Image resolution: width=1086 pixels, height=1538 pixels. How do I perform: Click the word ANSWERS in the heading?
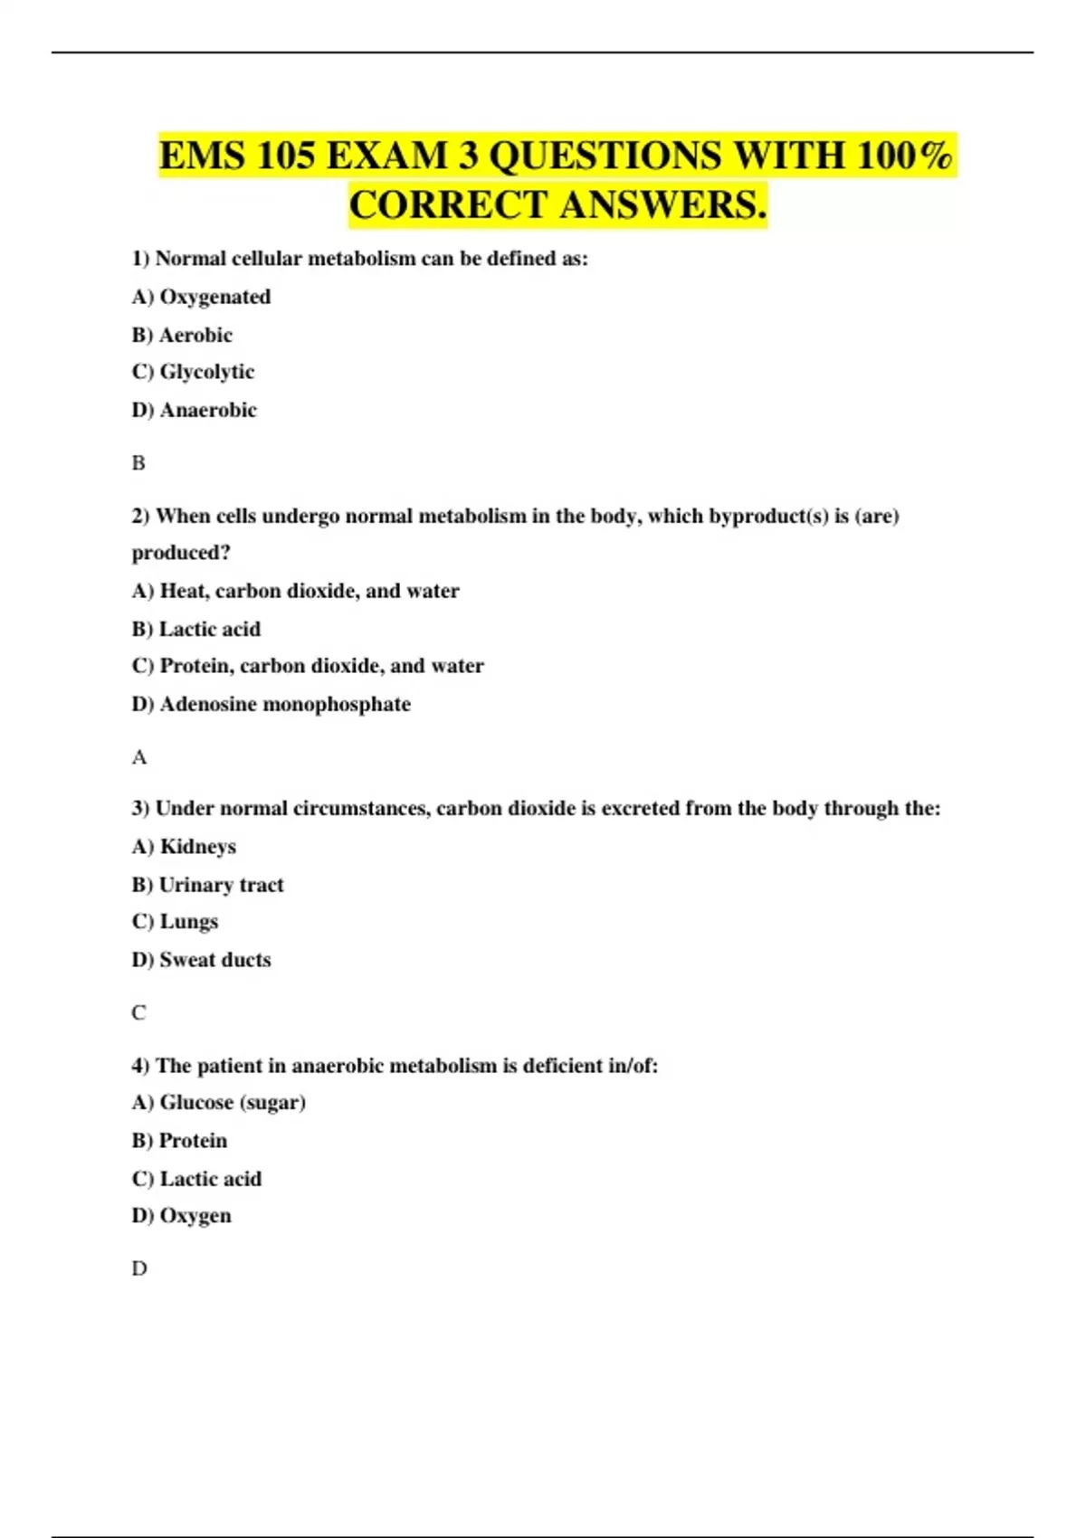click(662, 204)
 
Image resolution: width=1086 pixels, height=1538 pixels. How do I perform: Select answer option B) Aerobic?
click(182, 335)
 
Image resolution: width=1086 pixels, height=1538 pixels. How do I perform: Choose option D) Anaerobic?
click(194, 410)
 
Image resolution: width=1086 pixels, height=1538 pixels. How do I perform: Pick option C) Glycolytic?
click(193, 372)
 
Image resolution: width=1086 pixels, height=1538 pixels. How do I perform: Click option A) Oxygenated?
click(201, 297)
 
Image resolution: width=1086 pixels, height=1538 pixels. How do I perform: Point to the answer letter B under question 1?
click(138, 463)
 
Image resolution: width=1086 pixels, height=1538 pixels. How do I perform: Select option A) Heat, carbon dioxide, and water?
click(295, 591)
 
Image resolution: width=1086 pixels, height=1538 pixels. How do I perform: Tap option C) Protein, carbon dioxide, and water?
click(308, 666)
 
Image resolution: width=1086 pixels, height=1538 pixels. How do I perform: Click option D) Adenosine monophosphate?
click(271, 704)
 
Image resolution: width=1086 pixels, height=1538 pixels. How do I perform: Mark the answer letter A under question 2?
click(138, 757)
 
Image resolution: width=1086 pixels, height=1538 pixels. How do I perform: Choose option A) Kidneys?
click(184, 847)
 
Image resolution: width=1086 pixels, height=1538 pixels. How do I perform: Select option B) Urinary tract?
click(207, 885)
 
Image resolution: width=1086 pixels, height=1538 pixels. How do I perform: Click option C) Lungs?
click(175, 921)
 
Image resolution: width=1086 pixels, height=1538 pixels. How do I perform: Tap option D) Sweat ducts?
click(201, 960)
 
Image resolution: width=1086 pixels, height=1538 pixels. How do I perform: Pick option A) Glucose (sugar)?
click(218, 1102)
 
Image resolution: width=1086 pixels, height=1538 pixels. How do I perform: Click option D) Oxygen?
click(181, 1216)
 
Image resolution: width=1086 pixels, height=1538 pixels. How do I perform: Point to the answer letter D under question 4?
click(138, 1268)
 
